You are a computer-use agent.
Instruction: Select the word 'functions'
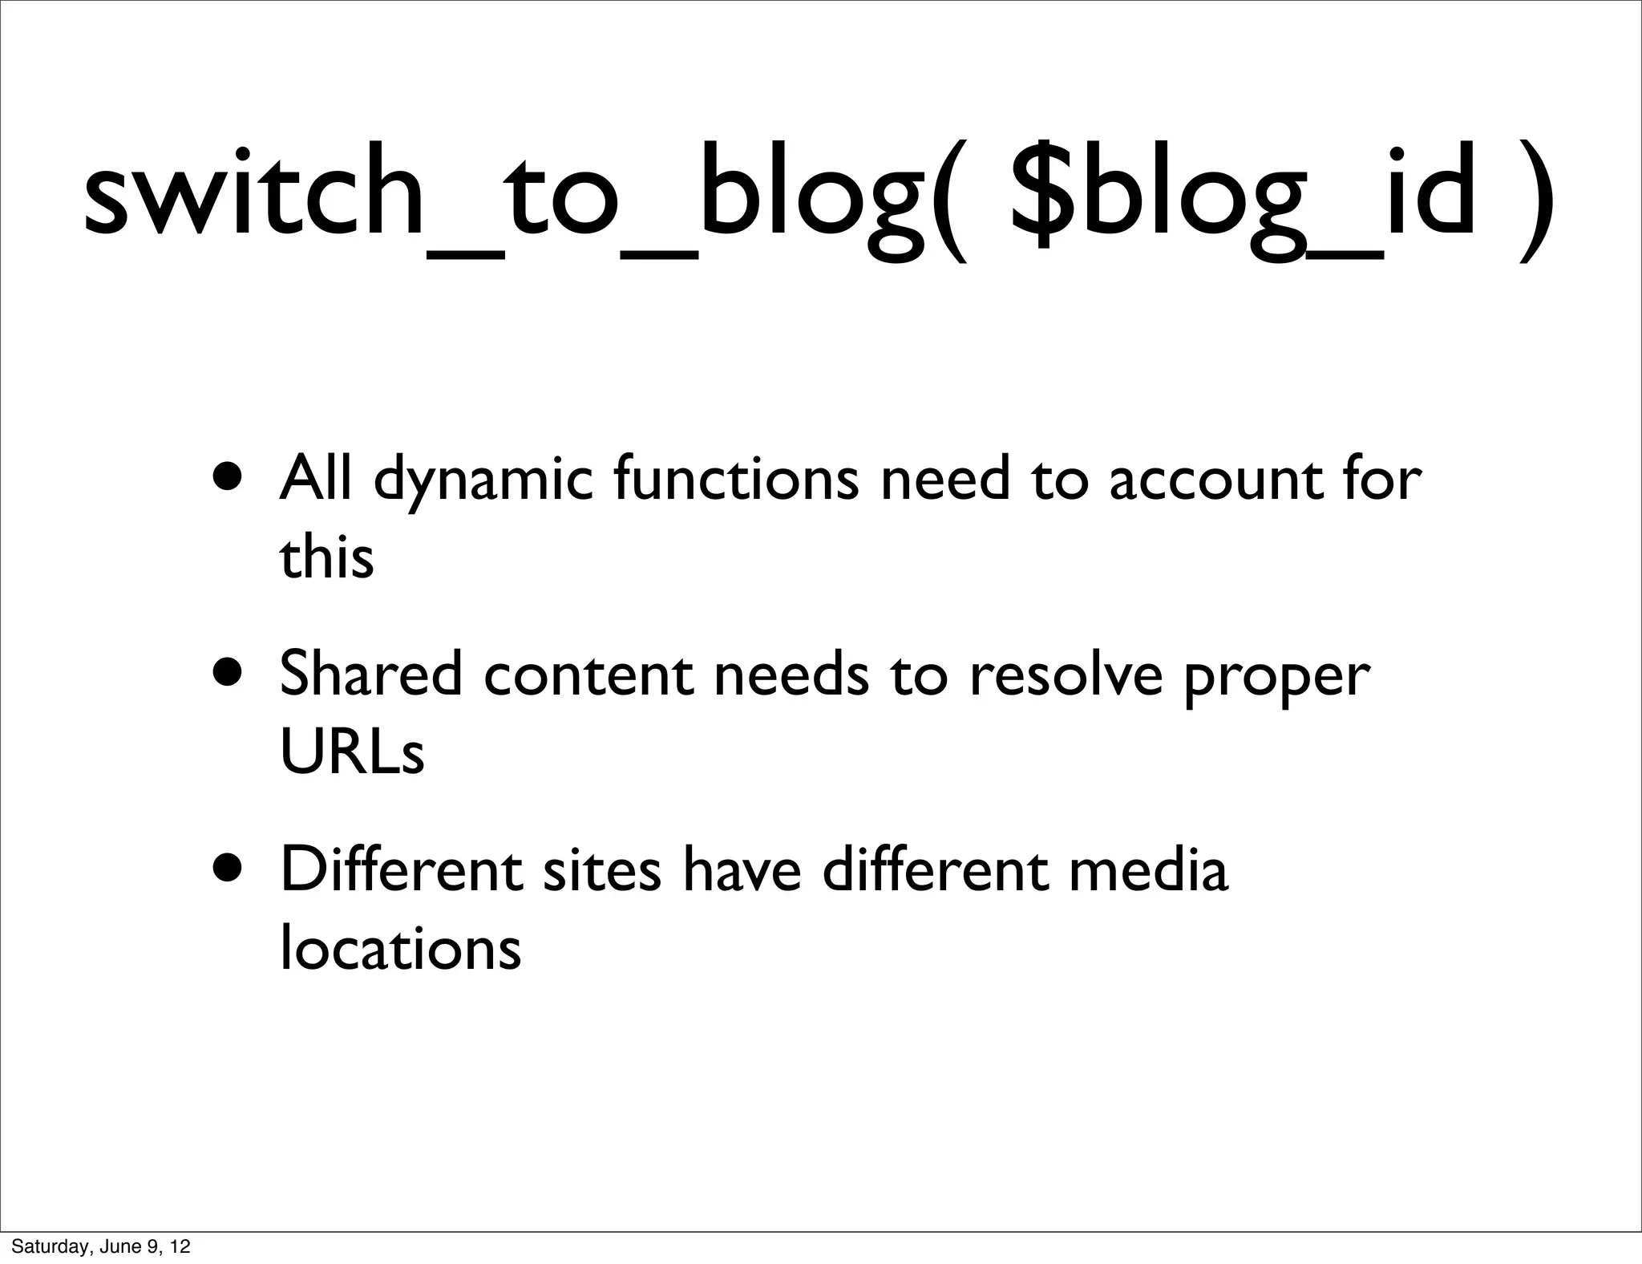tap(736, 479)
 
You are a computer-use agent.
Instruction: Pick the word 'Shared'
tap(371, 675)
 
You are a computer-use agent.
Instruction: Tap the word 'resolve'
tap(1066, 675)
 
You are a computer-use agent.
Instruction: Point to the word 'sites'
tap(602, 872)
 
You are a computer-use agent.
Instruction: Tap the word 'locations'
tap(400, 949)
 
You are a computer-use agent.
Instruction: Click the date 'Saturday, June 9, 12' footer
tap(101, 1246)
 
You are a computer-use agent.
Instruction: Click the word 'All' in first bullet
tap(315, 479)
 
